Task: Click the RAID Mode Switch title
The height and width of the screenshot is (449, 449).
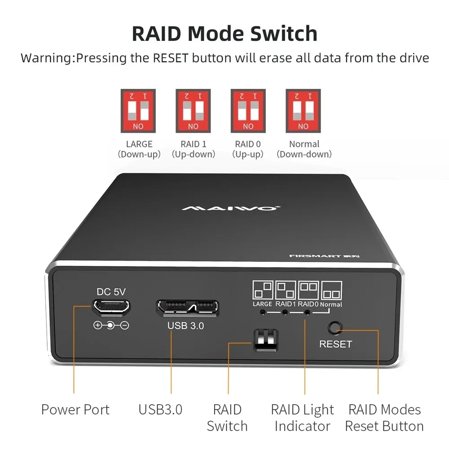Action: [224, 34]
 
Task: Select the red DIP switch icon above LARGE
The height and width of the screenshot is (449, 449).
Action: [138, 110]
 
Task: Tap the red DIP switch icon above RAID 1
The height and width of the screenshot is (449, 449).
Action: [193, 110]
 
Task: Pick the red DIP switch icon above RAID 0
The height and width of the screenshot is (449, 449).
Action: [248, 110]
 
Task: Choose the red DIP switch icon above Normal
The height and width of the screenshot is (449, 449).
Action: [303, 110]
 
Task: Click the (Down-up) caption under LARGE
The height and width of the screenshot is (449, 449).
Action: [139, 154]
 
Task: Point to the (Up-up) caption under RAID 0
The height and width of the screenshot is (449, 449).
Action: [248, 154]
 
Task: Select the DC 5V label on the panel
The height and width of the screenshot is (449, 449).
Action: [111, 291]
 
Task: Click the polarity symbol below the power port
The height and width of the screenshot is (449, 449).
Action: [111, 325]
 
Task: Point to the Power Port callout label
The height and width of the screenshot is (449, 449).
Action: [75, 409]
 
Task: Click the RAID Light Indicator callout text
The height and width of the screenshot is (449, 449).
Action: [302, 418]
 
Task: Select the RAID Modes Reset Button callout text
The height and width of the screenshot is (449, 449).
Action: [384, 418]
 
